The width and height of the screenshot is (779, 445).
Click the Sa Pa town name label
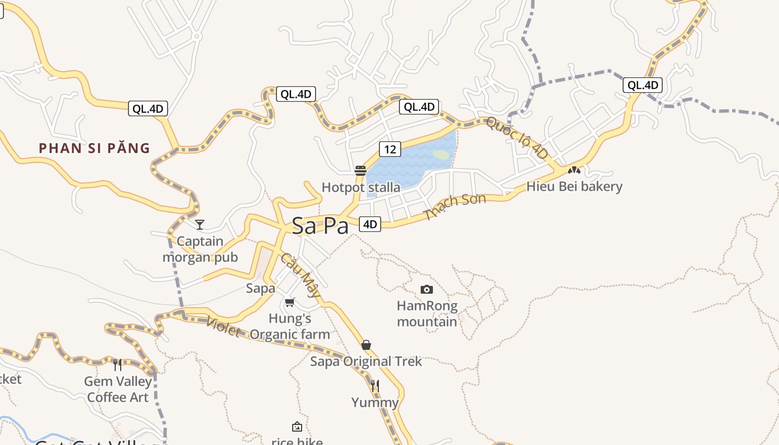click(321, 226)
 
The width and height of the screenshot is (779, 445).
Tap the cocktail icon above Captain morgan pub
click(200, 225)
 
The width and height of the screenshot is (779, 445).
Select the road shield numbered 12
click(390, 149)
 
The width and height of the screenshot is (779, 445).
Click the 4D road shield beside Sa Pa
click(370, 224)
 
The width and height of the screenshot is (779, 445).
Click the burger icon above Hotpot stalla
click(361, 170)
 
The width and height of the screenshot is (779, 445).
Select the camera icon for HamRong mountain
click(427, 289)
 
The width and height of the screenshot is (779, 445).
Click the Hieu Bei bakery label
click(574, 186)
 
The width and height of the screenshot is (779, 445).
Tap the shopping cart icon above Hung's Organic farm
click(289, 303)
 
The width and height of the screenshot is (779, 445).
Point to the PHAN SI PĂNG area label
click(95, 149)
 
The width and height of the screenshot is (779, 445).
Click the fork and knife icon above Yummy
click(375, 385)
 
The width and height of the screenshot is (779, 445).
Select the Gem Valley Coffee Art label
click(118, 389)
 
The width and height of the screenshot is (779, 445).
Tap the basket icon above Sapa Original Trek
click(366, 345)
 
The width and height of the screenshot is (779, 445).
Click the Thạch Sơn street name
click(455, 207)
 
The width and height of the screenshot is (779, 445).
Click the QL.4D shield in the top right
click(643, 85)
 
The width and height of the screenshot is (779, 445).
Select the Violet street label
click(223, 327)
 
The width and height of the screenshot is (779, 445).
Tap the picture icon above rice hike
click(297, 427)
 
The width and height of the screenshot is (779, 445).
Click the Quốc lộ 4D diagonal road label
click(517, 137)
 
